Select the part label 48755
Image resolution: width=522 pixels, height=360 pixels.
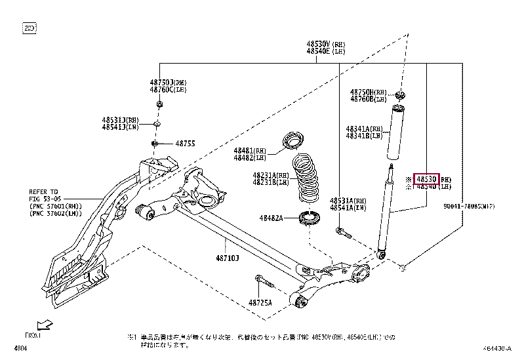(185, 143)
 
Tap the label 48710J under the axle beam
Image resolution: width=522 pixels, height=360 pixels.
(228, 258)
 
